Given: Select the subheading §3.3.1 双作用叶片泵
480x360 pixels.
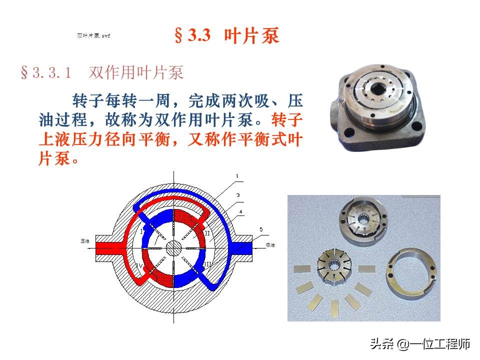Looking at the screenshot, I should [102, 73].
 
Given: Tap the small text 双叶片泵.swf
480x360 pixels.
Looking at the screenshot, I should [93, 36].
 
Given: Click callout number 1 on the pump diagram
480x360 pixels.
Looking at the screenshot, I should [237, 176].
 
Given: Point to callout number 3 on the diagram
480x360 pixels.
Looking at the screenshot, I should [238, 195].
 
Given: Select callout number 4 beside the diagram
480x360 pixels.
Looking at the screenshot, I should [241, 211].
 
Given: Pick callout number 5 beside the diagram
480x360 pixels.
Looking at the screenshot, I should [260, 229].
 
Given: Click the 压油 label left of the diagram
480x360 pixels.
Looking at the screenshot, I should [85, 241].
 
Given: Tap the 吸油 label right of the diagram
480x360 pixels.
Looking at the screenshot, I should [270, 245].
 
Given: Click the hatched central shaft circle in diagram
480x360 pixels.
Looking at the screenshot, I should [173, 247].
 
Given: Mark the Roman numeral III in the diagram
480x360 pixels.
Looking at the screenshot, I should [207, 263].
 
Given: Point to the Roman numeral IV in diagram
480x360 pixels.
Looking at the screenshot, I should [139, 263].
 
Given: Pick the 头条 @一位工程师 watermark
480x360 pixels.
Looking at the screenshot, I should [420, 344].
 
